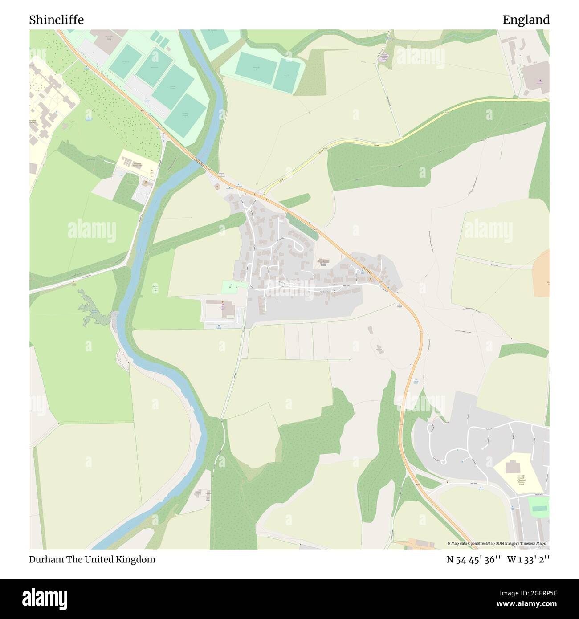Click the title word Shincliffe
57,20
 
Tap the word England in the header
526,20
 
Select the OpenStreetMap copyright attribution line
498,543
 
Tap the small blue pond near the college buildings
88,119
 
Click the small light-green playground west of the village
234,287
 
